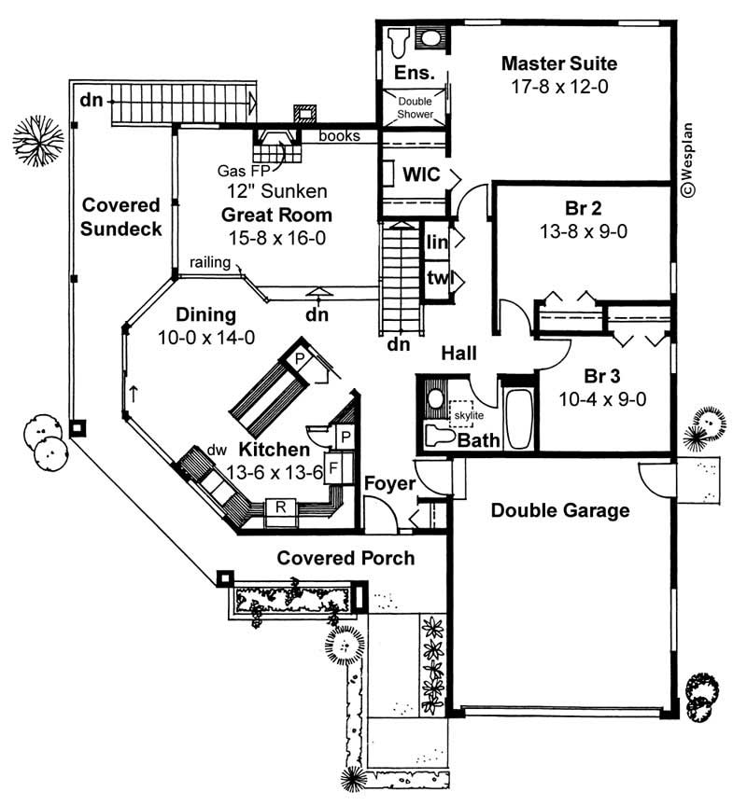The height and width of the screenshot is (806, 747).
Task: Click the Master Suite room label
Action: [x=558, y=63]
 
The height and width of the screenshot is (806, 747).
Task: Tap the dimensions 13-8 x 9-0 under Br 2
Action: [x=583, y=231]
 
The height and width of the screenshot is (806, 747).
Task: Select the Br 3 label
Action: [x=603, y=376]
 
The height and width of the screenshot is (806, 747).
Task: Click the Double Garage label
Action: [x=559, y=510]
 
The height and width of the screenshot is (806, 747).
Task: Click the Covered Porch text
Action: [x=345, y=558]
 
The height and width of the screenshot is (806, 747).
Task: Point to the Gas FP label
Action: [x=238, y=172]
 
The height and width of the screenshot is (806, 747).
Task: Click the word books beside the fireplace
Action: [x=340, y=136]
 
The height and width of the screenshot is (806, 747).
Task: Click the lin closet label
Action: [x=436, y=242]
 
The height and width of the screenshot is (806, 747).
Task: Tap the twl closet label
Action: [x=436, y=279]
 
